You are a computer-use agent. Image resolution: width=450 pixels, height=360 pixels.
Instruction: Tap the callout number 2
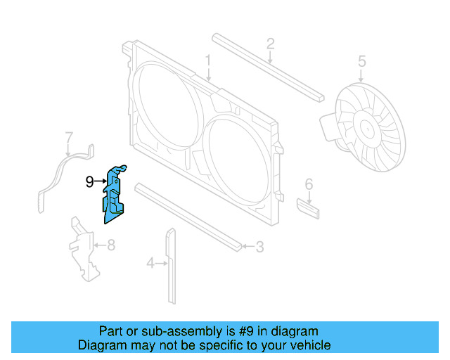(270, 46)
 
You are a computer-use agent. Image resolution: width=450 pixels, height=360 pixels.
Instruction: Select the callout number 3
(259, 247)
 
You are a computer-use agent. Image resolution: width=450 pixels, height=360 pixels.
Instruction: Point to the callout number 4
(150, 264)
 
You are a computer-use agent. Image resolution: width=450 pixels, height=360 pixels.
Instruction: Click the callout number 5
(361, 61)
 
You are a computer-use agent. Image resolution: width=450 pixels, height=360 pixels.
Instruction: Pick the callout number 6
(308, 185)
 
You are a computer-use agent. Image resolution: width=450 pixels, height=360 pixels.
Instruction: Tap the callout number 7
(69, 136)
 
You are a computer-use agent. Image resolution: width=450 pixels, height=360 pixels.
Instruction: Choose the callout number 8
(110, 245)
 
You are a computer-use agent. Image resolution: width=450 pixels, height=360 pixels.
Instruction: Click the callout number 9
(90, 182)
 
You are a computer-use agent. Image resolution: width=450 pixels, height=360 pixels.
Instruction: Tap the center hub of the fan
(367, 130)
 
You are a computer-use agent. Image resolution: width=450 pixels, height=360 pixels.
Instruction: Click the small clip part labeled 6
(308, 208)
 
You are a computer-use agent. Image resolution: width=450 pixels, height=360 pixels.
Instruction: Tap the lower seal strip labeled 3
(190, 215)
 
